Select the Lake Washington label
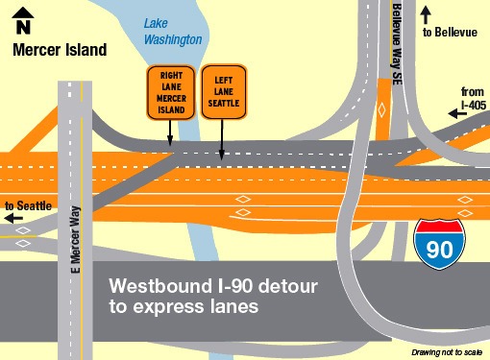173,32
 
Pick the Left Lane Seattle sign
222,93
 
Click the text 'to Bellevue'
448,33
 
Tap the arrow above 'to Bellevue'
427,14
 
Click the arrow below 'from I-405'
463,112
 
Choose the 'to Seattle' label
26,205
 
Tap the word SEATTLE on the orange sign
222,103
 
